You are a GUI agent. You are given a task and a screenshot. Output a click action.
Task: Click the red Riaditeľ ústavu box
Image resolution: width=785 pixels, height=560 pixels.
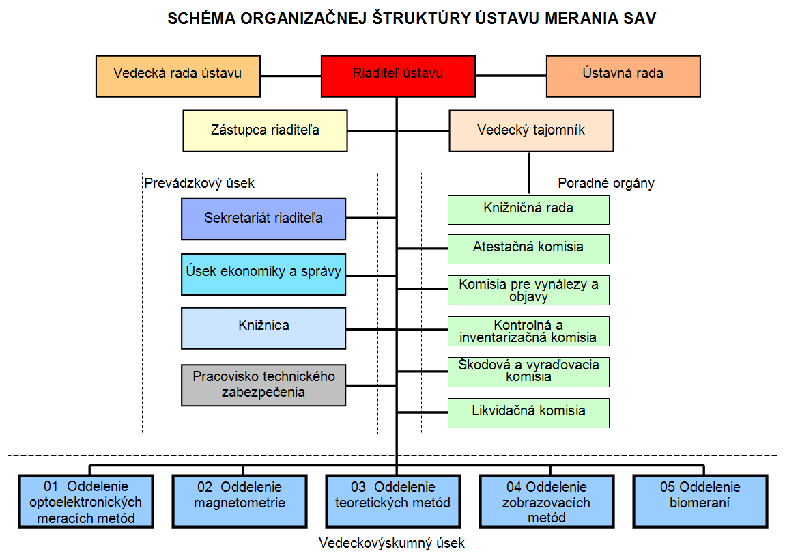(x=398, y=76)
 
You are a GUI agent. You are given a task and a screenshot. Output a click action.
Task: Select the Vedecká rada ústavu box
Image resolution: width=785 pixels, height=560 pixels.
(x=178, y=76)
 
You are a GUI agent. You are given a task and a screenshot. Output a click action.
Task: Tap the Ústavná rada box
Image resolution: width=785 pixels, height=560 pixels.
(x=623, y=76)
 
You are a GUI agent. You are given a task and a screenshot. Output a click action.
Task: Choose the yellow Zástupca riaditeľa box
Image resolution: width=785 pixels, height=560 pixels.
(x=266, y=130)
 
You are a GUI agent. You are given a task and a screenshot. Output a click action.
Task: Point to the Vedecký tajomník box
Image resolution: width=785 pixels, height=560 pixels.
(x=531, y=130)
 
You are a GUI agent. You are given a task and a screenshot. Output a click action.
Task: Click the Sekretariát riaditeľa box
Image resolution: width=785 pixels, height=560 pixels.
(x=263, y=219)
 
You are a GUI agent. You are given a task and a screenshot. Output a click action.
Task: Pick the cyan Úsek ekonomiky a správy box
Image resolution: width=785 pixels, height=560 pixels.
(x=263, y=275)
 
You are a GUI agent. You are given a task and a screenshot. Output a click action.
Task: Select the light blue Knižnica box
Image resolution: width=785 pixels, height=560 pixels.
(x=263, y=328)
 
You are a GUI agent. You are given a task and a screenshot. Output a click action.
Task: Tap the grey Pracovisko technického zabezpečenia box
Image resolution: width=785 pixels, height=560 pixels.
(x=263, y=384)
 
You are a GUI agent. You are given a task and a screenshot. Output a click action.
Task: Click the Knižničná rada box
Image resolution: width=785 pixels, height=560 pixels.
(x=528, y=210)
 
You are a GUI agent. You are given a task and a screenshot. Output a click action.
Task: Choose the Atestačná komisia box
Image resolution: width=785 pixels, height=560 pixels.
(x=528, y=249)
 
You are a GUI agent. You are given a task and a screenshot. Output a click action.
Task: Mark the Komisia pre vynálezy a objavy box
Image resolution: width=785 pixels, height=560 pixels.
(x=528, y=290)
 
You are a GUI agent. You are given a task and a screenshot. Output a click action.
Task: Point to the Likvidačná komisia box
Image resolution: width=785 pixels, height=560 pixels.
(x=528, y=413)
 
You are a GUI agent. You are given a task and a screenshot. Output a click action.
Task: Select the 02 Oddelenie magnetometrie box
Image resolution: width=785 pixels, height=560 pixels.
(x=240, y=501)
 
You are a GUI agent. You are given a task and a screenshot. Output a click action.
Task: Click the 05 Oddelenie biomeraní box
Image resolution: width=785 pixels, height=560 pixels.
(x=700, y=501)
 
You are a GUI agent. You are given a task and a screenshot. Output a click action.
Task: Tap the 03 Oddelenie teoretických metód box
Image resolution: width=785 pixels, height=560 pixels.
(x=393, y=501)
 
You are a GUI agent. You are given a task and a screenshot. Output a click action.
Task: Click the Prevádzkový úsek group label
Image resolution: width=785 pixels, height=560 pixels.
(x=199, y=183)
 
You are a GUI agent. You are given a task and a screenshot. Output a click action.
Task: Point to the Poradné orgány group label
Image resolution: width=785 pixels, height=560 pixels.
(x=606, y=183)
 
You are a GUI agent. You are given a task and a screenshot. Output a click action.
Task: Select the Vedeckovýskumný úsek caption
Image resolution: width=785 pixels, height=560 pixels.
(x=392, y=543)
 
